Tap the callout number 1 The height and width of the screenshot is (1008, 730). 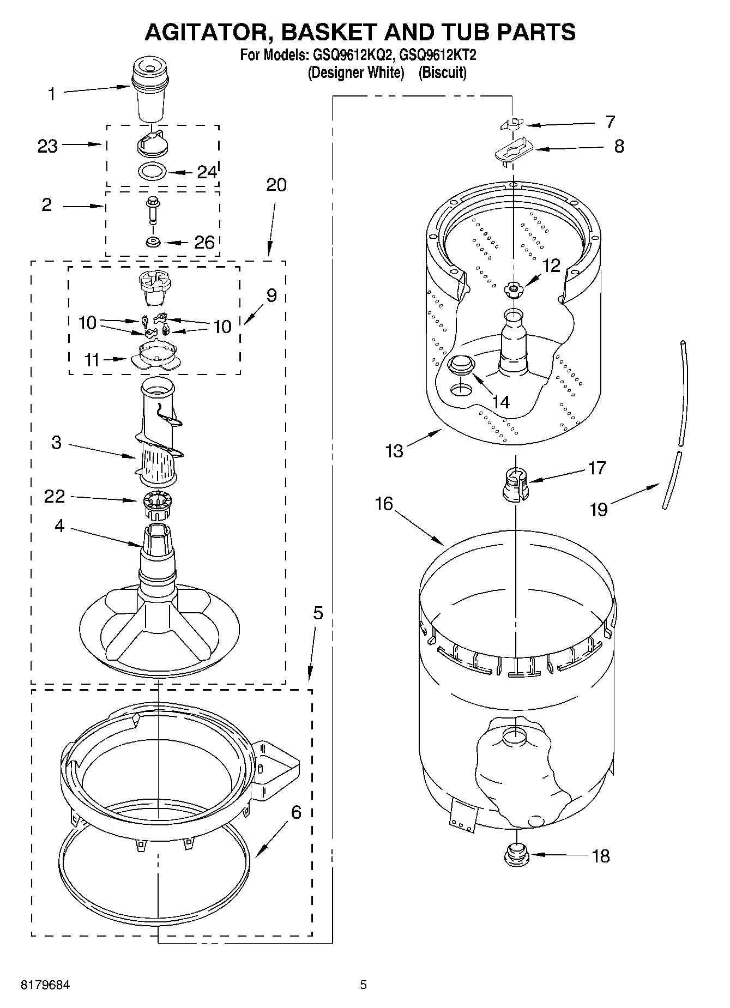tap(52, 94)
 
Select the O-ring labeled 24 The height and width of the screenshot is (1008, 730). tap(152, 171)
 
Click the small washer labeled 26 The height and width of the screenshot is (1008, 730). tap(153, 242)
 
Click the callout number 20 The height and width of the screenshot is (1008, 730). tap(276, 185)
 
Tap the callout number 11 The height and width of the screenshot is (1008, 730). tap(92, 360)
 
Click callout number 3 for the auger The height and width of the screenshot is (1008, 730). tap(56, 442)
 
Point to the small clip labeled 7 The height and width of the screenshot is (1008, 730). tap(511, 124)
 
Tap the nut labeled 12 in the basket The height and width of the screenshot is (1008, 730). tap(513, 288)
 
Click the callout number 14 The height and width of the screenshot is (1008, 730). tap(500, 402)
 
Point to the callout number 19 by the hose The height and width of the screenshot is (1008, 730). tap(599, 509)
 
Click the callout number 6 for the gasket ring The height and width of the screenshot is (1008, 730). tap(296, 813)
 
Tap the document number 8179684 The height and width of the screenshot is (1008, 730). tap(45, 986)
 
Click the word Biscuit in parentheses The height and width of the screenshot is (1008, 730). tap(442, 73)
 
